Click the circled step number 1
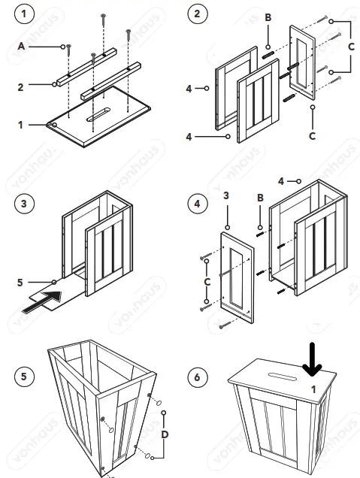pos(24,14)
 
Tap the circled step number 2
pos(197,14)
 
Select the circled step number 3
pos(24,204)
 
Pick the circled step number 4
pos(197,204)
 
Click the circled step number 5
pos(24,377)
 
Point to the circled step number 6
pos(197,377)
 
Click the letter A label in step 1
pos(21,47)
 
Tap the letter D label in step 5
pos(165,434)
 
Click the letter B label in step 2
pos(268,18)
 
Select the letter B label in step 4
pos(260,198)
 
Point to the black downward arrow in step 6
pos(312,359)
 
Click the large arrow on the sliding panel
pos(42,301)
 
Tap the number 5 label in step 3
pos(20,283)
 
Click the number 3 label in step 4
pos(226,195)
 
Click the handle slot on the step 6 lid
pos(283,377)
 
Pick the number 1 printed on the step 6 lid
pos(313,389)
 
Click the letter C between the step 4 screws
pos(207,282)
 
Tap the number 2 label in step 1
pos(20,87)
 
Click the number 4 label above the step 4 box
pos(281,181)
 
